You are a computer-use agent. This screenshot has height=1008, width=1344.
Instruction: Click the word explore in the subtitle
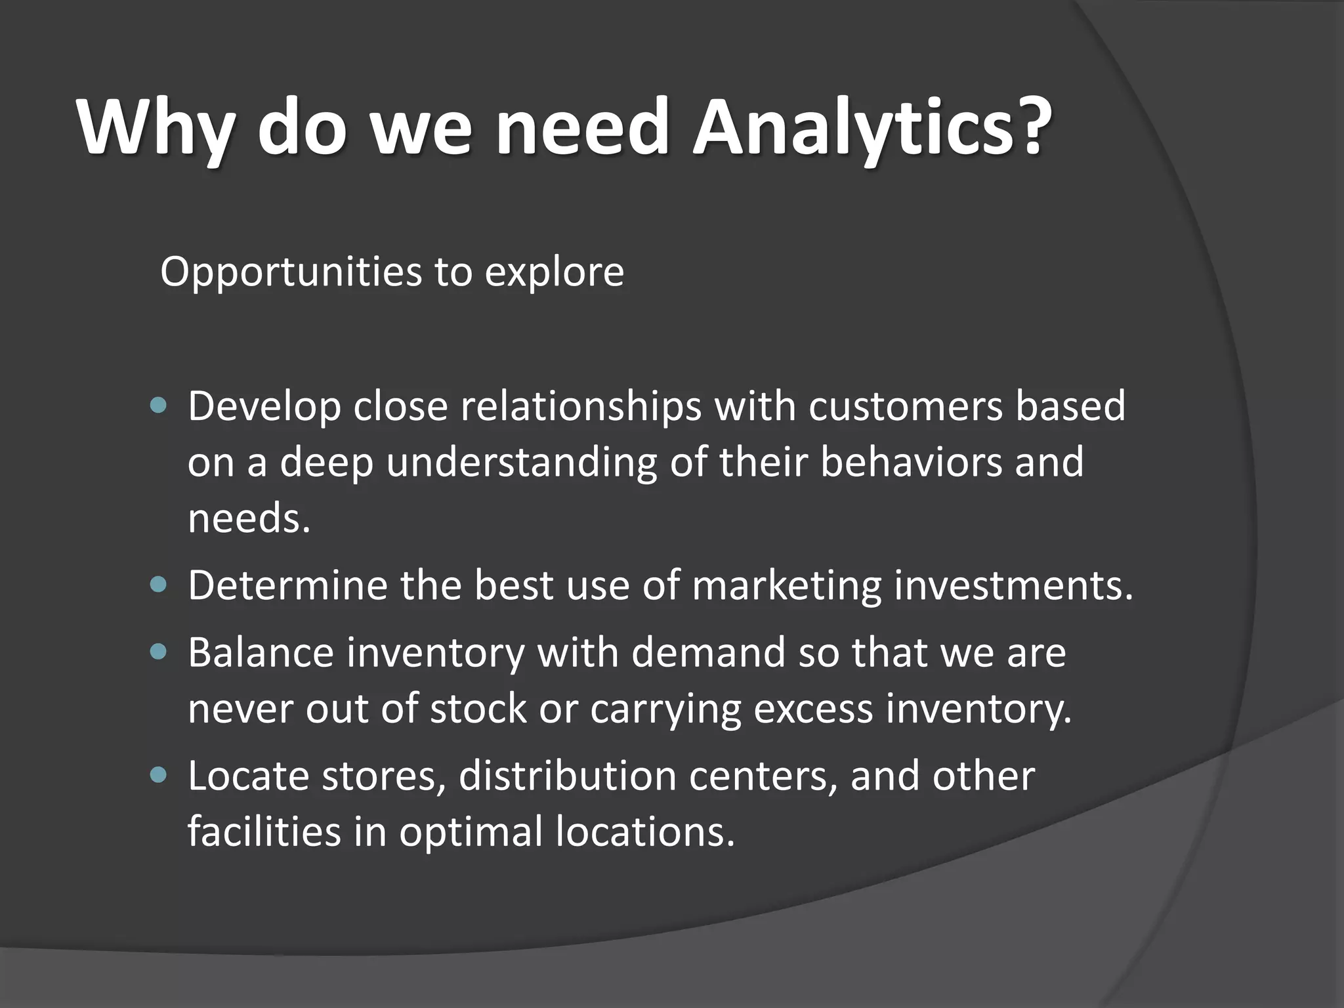(x=554, y=272)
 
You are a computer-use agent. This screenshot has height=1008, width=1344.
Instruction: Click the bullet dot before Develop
(x=159, y=406)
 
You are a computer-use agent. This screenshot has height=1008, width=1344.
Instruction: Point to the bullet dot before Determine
(x=159, y=584)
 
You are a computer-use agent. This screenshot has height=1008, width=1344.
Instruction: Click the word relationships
(x=580, y=407)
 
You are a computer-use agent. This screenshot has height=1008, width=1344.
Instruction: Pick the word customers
(x=906, y=407)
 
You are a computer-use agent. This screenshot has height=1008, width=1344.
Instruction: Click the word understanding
(x=521, y=463)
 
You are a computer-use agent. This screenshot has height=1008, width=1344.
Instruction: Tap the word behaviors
(x=912, y=462)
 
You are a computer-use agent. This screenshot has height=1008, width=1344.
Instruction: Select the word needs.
(x=248, y=518)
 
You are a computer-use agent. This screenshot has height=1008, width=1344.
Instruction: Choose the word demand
(x=708, y=653)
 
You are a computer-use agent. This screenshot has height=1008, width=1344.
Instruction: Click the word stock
(x=478, y=709)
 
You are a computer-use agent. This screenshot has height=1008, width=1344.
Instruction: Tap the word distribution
(x=567, y=776)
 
